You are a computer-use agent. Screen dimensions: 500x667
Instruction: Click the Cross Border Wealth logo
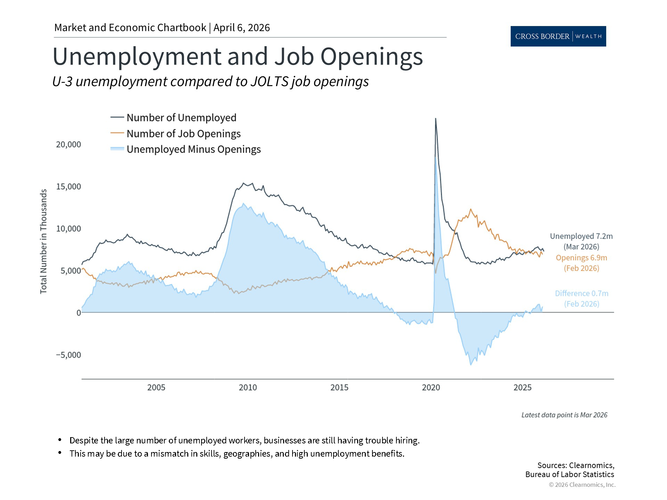[x=558, y=36]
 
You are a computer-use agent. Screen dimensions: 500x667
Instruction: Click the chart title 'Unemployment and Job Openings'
[x=238, y=56]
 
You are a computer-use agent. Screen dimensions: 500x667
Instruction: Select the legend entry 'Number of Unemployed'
[x=181, y=118]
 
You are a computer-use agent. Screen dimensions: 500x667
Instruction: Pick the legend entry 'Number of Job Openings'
[x=183, y=134]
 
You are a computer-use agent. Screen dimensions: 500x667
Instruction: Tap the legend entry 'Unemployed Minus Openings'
[x=193, y=149]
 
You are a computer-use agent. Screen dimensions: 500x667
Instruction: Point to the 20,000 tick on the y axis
[x=68, y=144]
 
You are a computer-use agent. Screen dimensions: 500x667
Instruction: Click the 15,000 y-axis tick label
[x=68, y=186]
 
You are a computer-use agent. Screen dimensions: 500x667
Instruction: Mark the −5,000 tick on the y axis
[x=68, y=355]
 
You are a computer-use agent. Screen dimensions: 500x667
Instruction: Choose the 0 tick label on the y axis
[x=79, y=313]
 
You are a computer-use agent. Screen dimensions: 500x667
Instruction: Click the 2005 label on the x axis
[x=156, y=387]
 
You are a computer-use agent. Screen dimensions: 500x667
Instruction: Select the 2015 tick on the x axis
[x=339, y=387]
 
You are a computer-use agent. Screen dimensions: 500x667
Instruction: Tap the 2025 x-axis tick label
[x=522, y=387]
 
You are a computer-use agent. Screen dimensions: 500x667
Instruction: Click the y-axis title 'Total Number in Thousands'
[x=43, y=241]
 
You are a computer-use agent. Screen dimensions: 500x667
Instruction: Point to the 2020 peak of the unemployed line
[x=436, y=119]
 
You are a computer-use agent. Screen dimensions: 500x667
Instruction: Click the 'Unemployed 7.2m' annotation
[x=581, y=236]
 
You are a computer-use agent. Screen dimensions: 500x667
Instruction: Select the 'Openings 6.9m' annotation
[x=581, y=258]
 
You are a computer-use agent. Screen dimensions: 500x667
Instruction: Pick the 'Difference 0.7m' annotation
[x=582, y=294]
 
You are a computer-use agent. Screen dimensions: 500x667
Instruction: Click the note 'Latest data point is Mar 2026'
[x=564, y=415]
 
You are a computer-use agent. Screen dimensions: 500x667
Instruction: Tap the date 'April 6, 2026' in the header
[x=241, y=28]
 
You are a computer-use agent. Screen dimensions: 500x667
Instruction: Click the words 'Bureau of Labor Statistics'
[x=569, y=474]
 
